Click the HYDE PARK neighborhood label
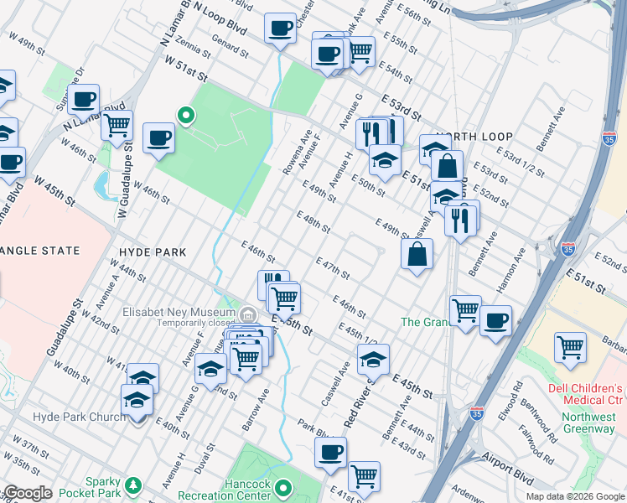click(150, 251)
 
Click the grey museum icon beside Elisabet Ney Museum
click(248, 314)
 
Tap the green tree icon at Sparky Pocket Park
click(132, 485)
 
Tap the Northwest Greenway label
click(583, 422)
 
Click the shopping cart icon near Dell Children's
click(570, 346)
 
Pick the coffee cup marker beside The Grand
click(495, 319)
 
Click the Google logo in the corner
click(27, 493)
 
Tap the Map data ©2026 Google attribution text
click(574, 496)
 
